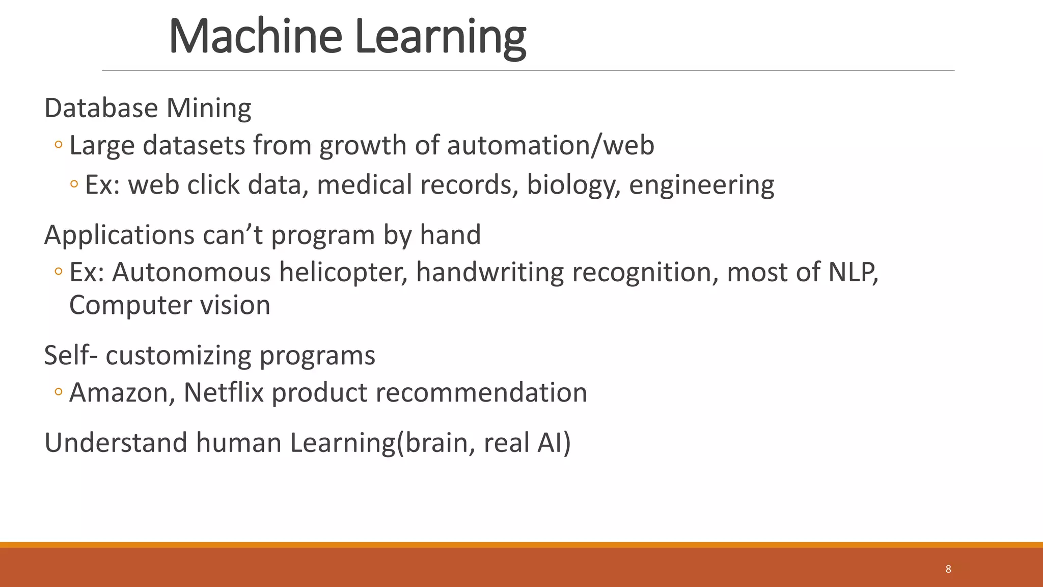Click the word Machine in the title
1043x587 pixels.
pyautogui.click(x=255, y=37)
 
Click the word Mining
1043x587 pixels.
pyautogui.click(x=209, y=109)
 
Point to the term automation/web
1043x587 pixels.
pyautogui.click(x=551, y=146)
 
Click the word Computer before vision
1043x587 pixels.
pyautogui.click(x=130, y=306)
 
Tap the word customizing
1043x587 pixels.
pyautogui.click(x=178, y=356)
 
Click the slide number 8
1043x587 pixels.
pyautogui.click(x=948, y=569)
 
